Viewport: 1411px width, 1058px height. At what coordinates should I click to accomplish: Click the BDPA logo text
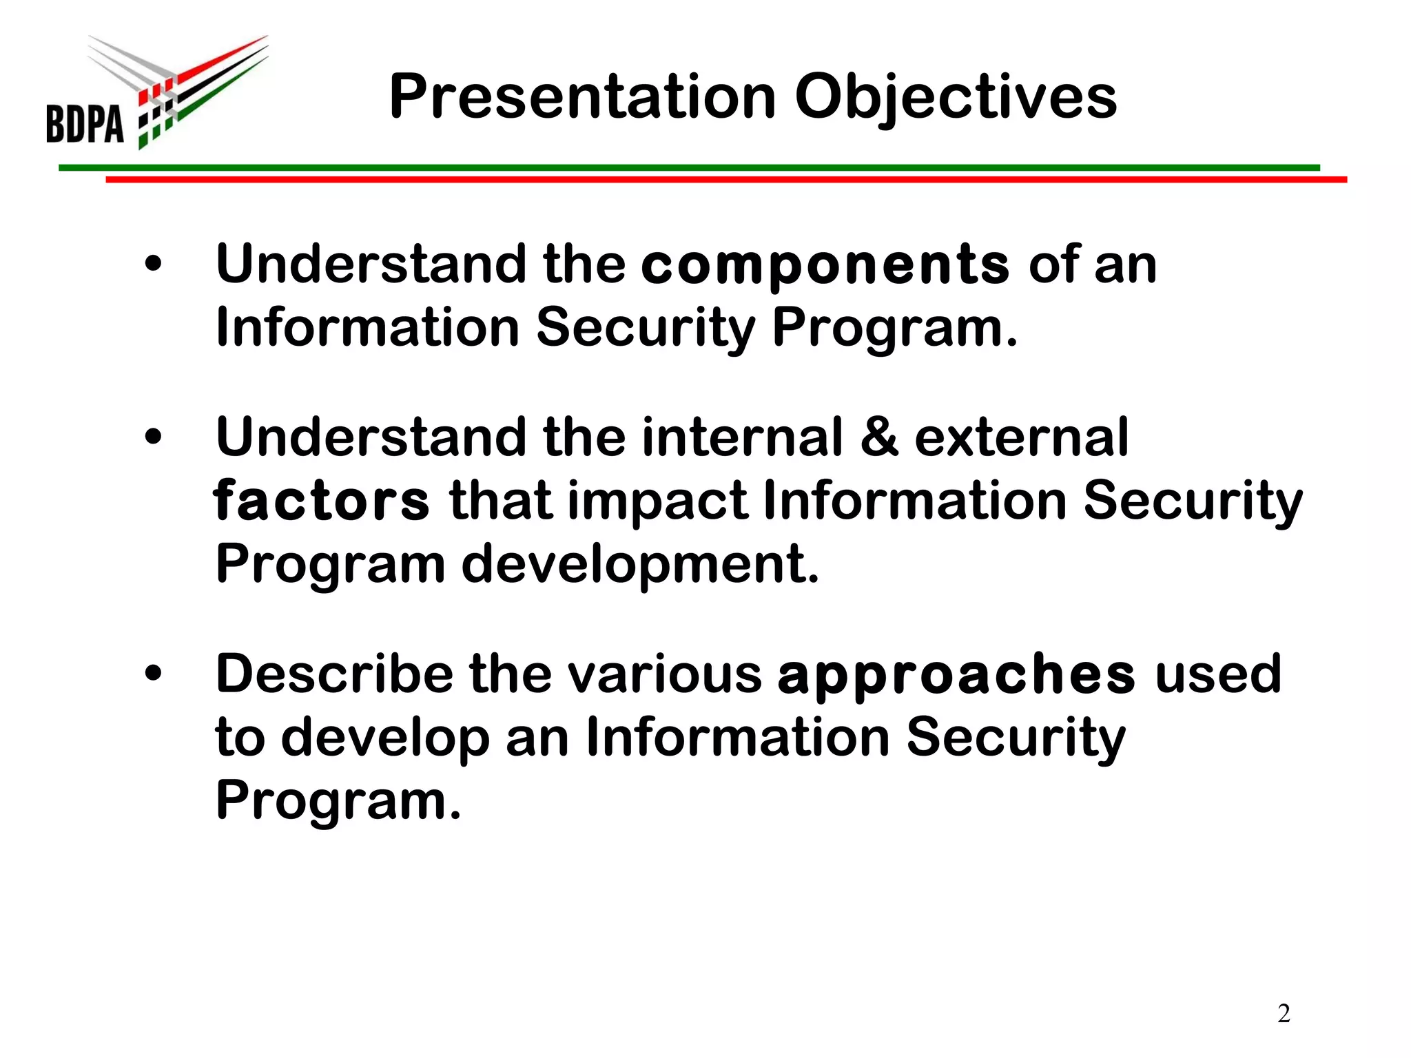tap(85, 123)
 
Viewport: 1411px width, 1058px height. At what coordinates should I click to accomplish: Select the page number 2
tap(1284, 1013)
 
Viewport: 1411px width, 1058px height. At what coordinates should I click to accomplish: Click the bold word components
tap(825, 265)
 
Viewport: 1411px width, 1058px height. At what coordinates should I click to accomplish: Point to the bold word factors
tap(321, 501)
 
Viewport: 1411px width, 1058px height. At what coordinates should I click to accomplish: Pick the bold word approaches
tap(956, 674)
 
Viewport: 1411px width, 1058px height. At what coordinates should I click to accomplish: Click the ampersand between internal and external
tap(879, 437)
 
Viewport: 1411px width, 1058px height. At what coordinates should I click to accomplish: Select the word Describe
tap(334, 674)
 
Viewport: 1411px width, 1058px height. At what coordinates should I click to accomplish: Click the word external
tap(1021, 438)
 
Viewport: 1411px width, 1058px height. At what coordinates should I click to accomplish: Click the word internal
tap(742, 438)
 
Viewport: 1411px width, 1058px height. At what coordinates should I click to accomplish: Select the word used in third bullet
tap(1218, 674)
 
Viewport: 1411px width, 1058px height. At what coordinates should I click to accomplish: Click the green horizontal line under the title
tap(689, 167)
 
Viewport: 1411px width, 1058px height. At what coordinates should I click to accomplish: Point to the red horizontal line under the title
tap(723, 180)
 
